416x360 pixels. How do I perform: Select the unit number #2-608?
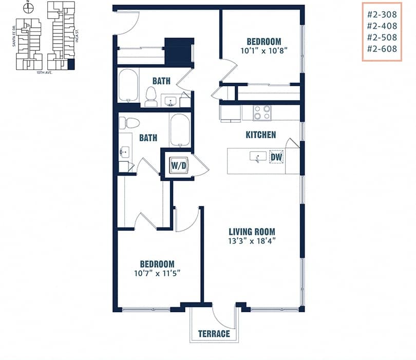click(x=382, y=49)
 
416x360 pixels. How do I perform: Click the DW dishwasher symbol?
click(x=276, y=157)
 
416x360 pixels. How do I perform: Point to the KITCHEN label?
click(x=260, y=135)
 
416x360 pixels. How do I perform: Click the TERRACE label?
click(x=214, y=334)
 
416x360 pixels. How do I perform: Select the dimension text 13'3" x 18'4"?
click(x=252, y=241)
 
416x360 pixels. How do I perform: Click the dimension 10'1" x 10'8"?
click(x=263, y=51)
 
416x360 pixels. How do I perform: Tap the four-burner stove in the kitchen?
click(x=262, y=112)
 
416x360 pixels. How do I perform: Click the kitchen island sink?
click(x=257, y=157)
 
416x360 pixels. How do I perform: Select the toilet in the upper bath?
click(x=151, y=96)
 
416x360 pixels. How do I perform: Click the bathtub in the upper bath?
click(x=128, y=85)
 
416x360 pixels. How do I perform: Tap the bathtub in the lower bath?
click(x=180, y=130)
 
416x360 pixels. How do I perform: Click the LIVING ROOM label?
click(x=252, y=232)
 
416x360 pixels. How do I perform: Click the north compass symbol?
click(x=29, y=8)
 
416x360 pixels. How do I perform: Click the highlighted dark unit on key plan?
click(x=71, y=64)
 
